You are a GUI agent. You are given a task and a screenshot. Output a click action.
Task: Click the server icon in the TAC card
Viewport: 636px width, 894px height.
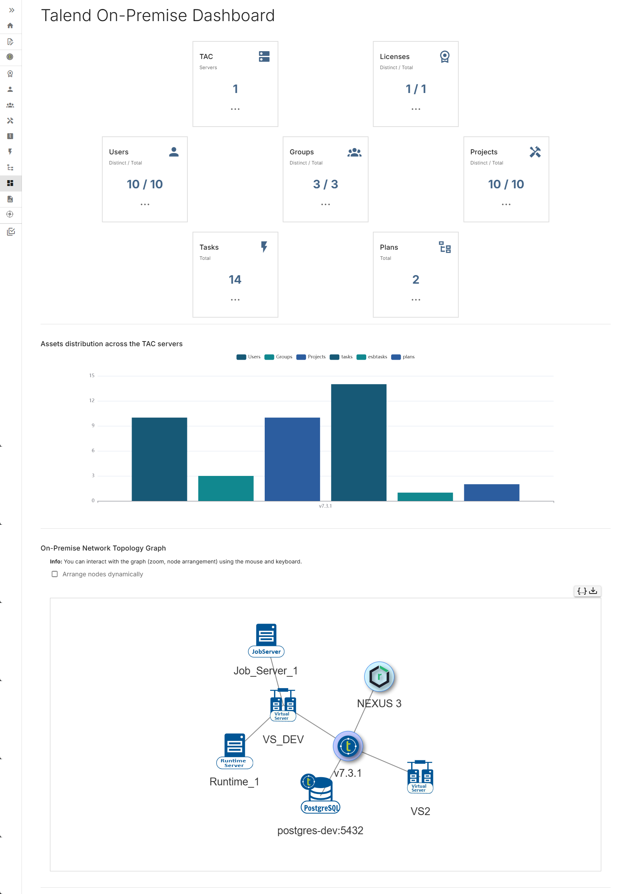click(x=264, y=56)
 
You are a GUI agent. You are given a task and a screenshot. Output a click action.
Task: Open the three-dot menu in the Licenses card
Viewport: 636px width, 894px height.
click(x=415, y=109)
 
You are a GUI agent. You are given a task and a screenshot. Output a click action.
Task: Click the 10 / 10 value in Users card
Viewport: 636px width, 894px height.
click(x=144, y=184)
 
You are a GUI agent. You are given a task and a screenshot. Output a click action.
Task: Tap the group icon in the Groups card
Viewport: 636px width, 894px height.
click(x=354, y=152)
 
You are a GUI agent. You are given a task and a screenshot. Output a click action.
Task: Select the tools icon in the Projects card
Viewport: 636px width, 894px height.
click(x=534, y=152)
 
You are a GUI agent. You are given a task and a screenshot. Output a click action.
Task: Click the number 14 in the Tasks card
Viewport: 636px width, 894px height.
click(x=235, y=279)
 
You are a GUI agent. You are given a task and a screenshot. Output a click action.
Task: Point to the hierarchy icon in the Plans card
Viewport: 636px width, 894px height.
click(x=444, y=247)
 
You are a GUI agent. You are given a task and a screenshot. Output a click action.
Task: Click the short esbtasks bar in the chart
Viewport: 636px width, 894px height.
click(x=425, y=497)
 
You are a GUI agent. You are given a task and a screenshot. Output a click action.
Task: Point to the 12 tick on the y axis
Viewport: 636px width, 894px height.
click(x=92, y=400)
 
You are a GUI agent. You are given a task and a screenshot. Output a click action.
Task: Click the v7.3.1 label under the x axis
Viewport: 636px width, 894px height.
click(x=325, y=506)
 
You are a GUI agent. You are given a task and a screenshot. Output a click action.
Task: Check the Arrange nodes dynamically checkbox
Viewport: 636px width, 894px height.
click(x=55, y=574)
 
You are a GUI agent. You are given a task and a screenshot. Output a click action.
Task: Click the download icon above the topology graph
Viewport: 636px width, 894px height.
click(x=593, y=591)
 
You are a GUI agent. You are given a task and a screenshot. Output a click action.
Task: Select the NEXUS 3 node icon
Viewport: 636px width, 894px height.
click(x=379, y=676)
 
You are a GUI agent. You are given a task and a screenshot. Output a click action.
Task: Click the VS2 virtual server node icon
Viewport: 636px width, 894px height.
click(x=420, y=777)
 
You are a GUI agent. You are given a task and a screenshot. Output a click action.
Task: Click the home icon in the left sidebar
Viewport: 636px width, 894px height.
click(x=10, y=26)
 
